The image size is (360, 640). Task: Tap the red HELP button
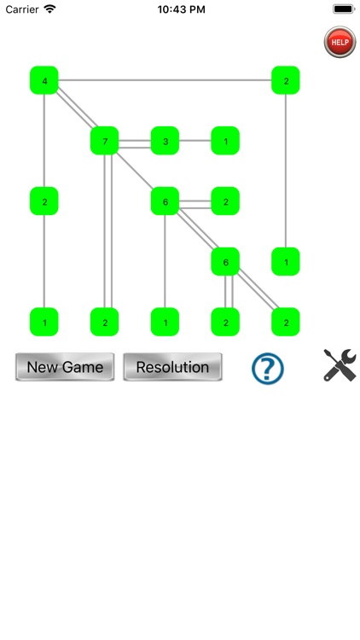pyautogui.click(x=340, y=42)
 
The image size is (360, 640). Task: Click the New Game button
pyautogui.click(x=65, y=367)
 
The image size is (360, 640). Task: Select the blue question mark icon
pyautogui.click(x=267, y=368)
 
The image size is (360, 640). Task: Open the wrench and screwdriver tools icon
pyautogui.click(x=339, y=365)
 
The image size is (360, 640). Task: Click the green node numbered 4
pyautogui.click(x=44, y=80)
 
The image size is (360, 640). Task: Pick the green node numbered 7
pyautogui.click(x=105, y=141)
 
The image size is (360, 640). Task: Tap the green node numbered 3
pyautogui.click(x=165, y=141)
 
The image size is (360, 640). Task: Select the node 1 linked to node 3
pyautogui.click(x=225, y=141)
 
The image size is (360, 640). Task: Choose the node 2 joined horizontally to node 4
pyautogui.click(x=286, y=80)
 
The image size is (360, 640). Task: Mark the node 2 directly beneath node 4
pyautogui.click(x=44, y=201)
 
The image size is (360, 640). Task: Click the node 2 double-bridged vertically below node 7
pyautogui.click(x=105, y=322)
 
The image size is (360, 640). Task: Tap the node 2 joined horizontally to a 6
pyautogui.click(x=225, y=201)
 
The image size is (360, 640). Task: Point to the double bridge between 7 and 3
pyautogui.click(x=135, y=141)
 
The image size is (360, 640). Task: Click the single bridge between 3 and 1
pyautogui.click(x=195, y=141)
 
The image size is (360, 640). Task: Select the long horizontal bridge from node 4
pyautogui.click(x=165, y=80)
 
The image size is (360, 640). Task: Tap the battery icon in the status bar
pyautogui.click(x=344, y=9)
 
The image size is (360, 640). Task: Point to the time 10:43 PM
pyautogui.click(x=180, y=9)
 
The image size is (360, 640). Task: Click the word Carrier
pyautogui.click(x=21, y=9)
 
